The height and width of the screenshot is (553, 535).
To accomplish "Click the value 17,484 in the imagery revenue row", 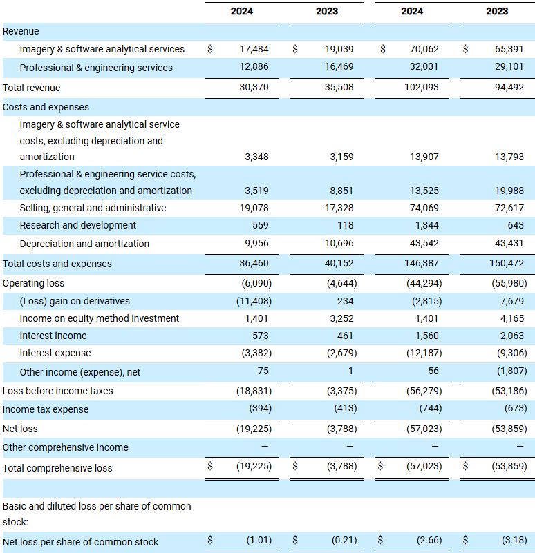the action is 254,49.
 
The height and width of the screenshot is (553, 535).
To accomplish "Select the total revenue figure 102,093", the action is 421,87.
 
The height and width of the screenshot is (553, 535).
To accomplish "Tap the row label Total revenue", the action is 31,88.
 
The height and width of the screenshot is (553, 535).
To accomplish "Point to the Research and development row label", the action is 77,225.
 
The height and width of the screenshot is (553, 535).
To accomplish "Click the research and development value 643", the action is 516,225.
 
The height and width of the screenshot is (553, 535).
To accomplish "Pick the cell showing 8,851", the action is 341,191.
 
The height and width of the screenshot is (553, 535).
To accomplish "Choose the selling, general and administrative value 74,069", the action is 424,208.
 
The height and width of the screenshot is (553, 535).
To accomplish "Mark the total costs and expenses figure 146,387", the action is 421,263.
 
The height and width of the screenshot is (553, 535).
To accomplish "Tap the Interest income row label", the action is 53,336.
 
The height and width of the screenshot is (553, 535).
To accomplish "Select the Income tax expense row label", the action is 46,409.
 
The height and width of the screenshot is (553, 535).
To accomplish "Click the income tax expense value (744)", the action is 431,408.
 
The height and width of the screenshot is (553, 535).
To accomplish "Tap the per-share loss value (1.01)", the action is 259,540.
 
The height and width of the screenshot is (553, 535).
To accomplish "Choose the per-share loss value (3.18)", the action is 514,540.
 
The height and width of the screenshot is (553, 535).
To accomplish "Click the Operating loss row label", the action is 33,283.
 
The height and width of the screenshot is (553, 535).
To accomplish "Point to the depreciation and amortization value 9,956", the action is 256,243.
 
